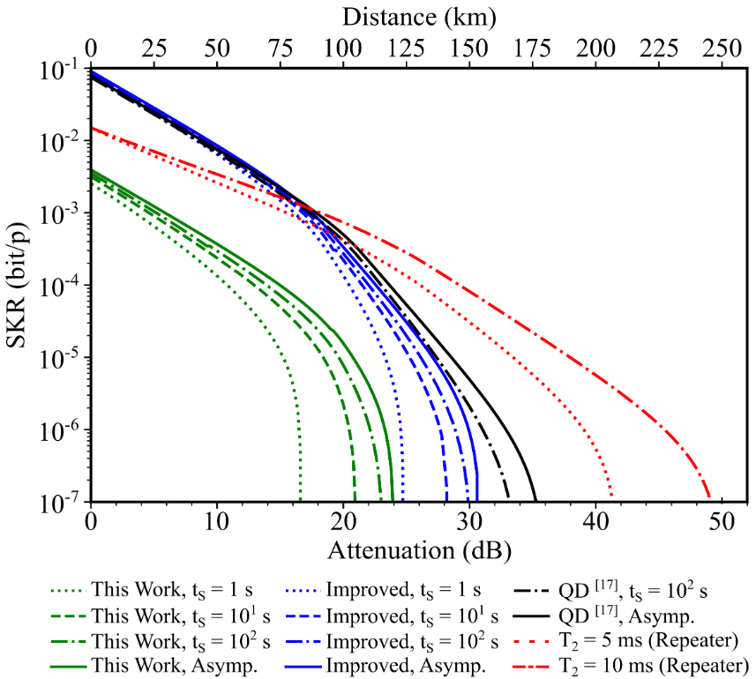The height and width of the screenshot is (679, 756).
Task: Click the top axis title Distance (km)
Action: [x=419, y=18]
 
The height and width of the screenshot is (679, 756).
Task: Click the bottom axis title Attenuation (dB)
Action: [x=419, y=550]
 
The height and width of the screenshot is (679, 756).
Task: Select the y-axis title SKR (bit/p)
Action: [x=19, y=286]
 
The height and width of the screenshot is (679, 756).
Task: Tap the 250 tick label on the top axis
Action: [x=722, y=48]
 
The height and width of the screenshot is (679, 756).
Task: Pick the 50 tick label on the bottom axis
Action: [x=722, y=522]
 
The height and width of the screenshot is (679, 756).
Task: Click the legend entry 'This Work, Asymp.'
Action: [x=153, y=666]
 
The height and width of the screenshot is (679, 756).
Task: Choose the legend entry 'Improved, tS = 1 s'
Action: [x=384, y=590]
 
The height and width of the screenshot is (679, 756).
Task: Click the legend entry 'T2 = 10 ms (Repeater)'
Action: [x=631, y=666]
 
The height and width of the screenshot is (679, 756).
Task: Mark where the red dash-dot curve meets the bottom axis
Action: [x=710, y=500]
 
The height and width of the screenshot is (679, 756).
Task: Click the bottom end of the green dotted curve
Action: [x=301, y=500]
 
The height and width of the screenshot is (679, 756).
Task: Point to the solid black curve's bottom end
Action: [x=535, y=500]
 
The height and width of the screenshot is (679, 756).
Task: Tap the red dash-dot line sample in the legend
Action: [x=531, y=667]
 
